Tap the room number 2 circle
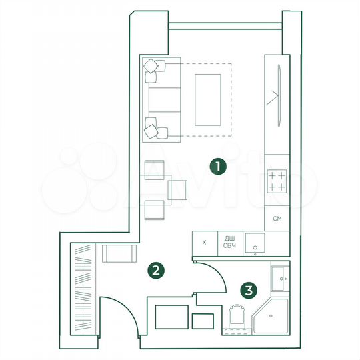coord(155,271)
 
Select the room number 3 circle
coord(249,290)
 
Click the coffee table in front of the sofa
coord(207,99)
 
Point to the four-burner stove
coord(277,181)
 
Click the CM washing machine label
coord(277,218)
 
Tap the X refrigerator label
coord(205,243)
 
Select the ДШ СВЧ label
coord(229,243)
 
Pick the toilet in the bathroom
coord(237,317)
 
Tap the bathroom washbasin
coord(279,277)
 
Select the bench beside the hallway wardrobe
coord(119,254)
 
